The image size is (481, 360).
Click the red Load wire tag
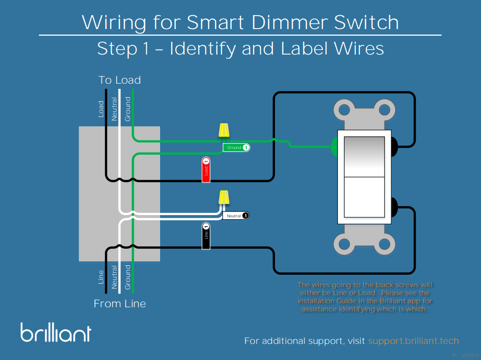click(206, 170)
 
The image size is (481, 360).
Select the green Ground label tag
click(236, 148)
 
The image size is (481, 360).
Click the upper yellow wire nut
click(224, 130)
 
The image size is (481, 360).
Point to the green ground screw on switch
click(334, 146)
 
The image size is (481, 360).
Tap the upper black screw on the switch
click(394, 146)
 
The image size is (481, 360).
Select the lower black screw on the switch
click(394, 207)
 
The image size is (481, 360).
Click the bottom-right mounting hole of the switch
click(384, 244)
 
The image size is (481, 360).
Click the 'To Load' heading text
click(119, 80)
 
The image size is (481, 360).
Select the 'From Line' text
click(119, 304)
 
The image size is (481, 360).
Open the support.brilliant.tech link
click(413, 341)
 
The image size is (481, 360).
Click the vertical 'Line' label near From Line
click(101, 277)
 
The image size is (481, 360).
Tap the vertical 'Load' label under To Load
click(101, 109)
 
